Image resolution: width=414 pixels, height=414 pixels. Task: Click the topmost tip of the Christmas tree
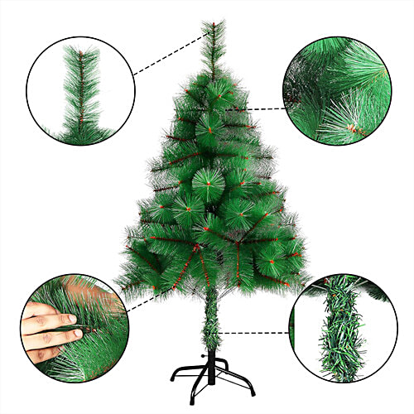coord(214,22)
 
